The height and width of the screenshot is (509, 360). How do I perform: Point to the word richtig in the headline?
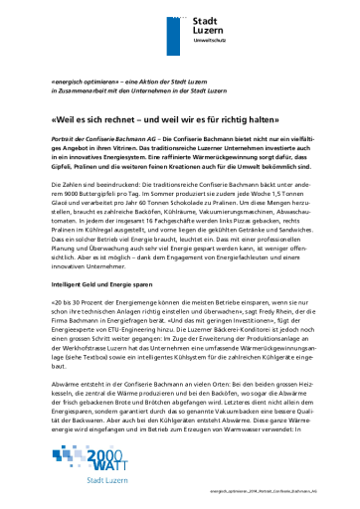point(231,115)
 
